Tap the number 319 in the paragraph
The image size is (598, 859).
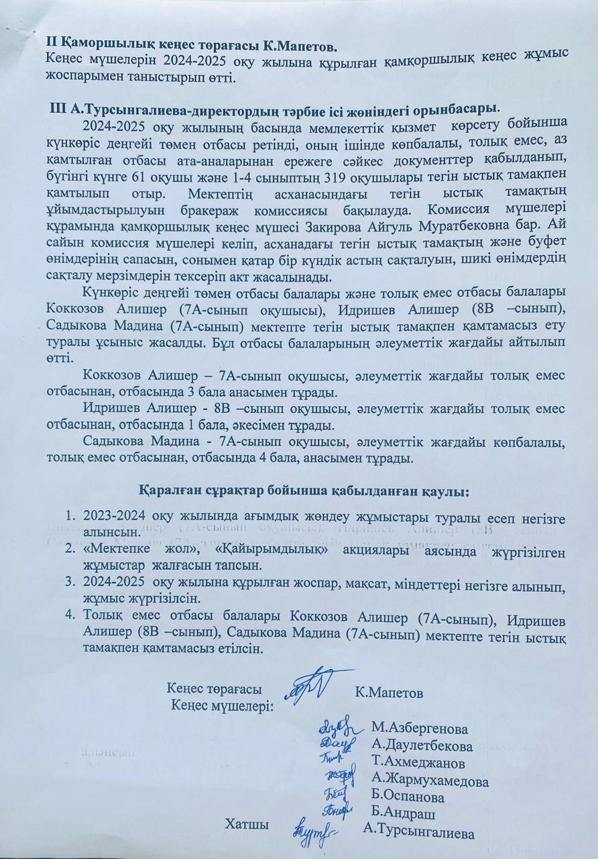(337, 177)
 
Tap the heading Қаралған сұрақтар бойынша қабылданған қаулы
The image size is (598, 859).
(304, 492)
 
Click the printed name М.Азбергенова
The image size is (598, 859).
(419, 729)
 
